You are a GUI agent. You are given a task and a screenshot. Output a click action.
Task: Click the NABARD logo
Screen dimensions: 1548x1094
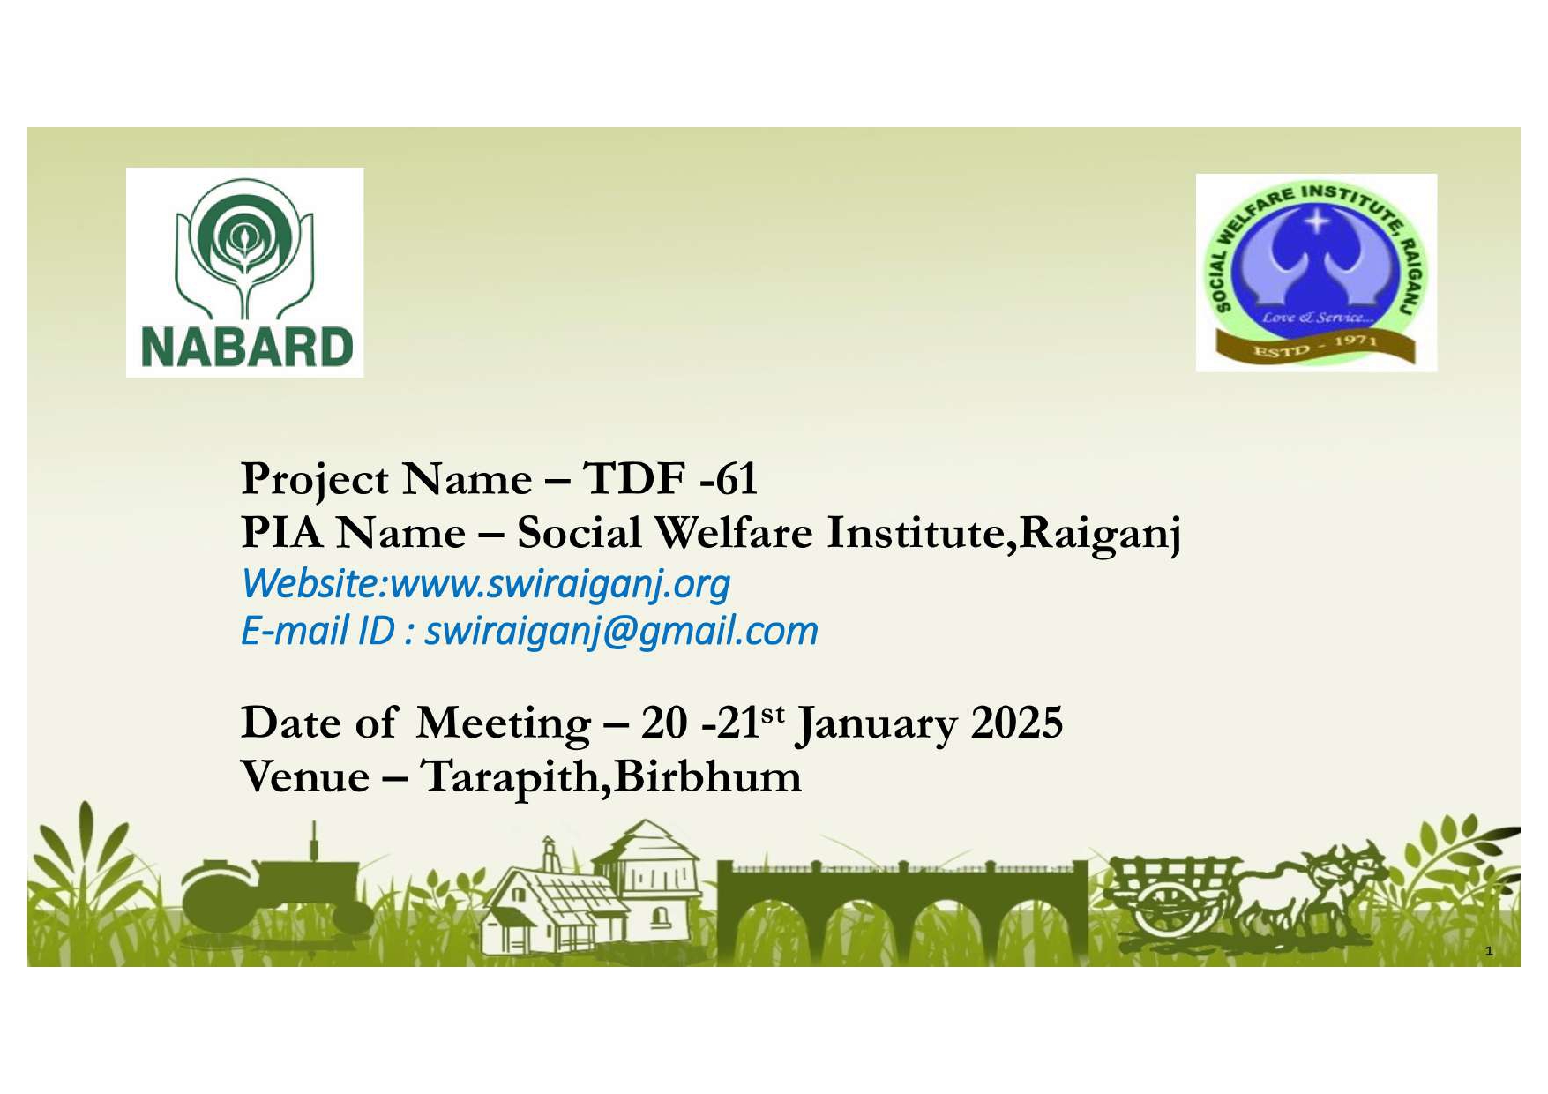pyautogui.click(x=244, y=272)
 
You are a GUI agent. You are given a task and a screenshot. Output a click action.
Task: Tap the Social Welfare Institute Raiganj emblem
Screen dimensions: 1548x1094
pyautogui.click(x=1316, y=273)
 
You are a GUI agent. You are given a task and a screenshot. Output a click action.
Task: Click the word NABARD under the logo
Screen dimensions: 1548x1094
pyautogui.click(x=247, y=347)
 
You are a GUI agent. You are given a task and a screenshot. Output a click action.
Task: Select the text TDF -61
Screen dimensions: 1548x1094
pyautogui.click(x=670, y=479)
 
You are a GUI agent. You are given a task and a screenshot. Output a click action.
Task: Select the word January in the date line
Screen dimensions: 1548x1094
pyautogui.click(x=876, y=725)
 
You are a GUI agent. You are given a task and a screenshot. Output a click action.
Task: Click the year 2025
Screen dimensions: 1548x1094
pyautogui.click(x=1017, y=723)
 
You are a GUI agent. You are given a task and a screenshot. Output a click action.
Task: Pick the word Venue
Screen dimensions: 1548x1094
pyautogui.click(x=305, y=777)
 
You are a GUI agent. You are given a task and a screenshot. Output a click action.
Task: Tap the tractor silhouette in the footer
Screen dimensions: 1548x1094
pyautogui.click(x=279, y=890)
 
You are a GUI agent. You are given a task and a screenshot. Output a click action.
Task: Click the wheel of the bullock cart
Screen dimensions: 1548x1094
pyautogui.click(x=1166, y=906)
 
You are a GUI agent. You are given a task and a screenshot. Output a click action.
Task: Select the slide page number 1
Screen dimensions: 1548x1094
pyautogui.click(x=1489, y=951)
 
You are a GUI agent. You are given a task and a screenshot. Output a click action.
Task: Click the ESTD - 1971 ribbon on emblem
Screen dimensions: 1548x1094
pyautogui.click(x=1315, y=347)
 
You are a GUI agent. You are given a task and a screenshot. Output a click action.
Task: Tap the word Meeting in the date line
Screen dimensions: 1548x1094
pyautogui.click(x=503, y=725)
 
